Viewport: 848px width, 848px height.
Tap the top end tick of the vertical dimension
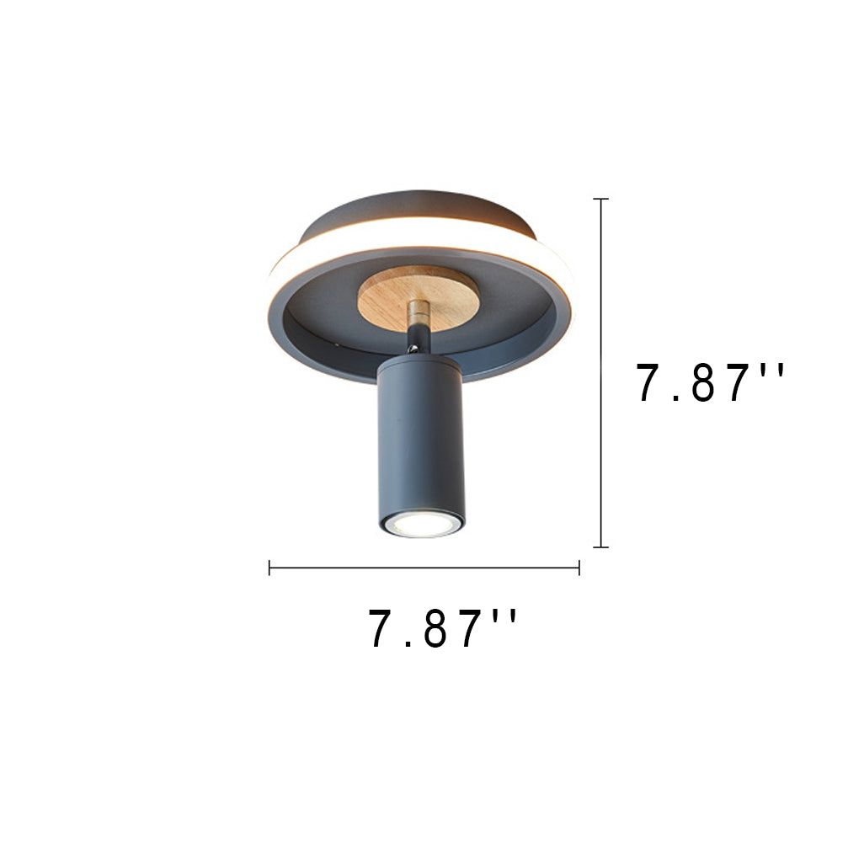[600, 200]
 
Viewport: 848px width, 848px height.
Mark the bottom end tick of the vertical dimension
[600, 547]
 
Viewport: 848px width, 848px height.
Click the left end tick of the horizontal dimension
[269, 568]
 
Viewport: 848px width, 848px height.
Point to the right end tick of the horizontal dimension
[579, 568]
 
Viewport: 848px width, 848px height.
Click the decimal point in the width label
[406, 644]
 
